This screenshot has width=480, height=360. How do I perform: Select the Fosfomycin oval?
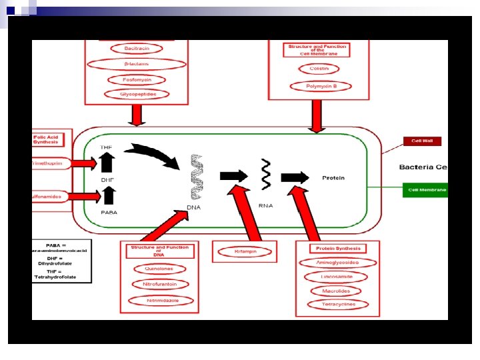click(137, 79)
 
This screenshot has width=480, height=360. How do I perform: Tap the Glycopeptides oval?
click(138, 95)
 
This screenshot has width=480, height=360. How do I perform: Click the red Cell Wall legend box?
click(422, 141)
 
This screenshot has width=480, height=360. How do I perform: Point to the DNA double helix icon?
click(197, 177)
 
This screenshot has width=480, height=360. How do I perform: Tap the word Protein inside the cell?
click(333, 178)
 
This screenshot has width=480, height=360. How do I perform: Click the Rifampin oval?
click(245, 251)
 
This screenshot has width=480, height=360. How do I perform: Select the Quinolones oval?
click(159, 269)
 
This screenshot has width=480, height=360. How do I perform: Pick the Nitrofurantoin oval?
click(161, 285)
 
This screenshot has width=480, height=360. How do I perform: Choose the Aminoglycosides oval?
click(337, 263)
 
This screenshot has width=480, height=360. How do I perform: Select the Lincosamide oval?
click(337, 277)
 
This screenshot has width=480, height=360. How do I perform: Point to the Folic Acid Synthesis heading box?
click(49, 139)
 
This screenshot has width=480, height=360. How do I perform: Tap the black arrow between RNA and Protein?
click(294, 177)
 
